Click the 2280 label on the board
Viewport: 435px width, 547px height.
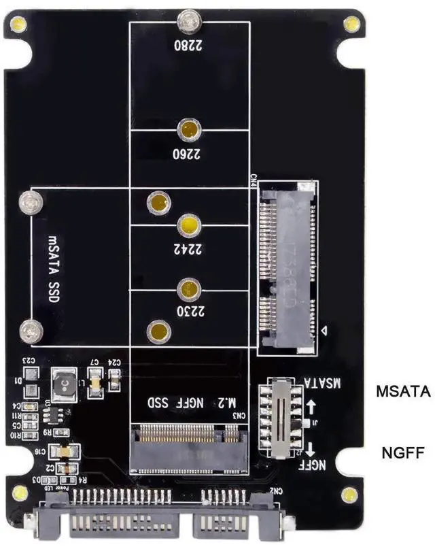click(x=189, y=48)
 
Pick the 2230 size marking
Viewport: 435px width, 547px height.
click(x=189, y=313)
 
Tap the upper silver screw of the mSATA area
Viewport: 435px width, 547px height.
click(x=29, y=201)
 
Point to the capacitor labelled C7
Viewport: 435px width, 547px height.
click(x=96, y=383)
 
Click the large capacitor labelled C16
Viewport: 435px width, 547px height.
click(x=67, y=451)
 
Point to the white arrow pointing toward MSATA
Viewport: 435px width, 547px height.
click(x=311, y=408)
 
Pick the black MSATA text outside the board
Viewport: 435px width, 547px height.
click(x=404, y=391)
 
